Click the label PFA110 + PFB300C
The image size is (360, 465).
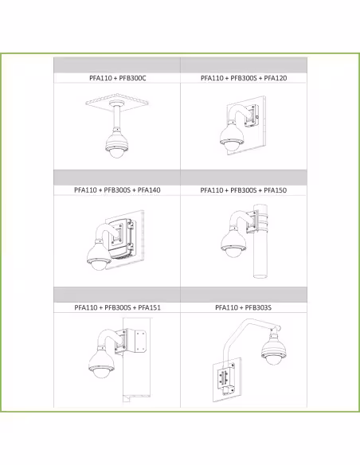pyautogui.click(x=118, y=78)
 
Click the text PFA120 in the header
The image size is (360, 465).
pyautogui.click(x=276, y=78)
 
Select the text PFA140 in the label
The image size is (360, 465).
pyautogui.click(x=149, y=190)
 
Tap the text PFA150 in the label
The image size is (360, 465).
pyautogui.click(x=276, y=190)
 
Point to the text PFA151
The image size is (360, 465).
pyautogui.click(x=150, y=307)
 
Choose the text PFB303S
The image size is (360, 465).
pyautogui.click(x=258, y=307)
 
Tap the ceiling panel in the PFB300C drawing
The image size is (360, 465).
pyautogui.click(x=117, y=102)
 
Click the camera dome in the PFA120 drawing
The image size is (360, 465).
pyautogui.click(x=232, y=146)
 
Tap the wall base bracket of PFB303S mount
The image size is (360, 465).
pyautogui.click(x=226, y=379)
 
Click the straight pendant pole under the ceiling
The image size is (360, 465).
pyautogui.click(x=116, y=117)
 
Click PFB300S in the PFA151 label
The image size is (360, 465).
pyautogui.click(x=118, y=307)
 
